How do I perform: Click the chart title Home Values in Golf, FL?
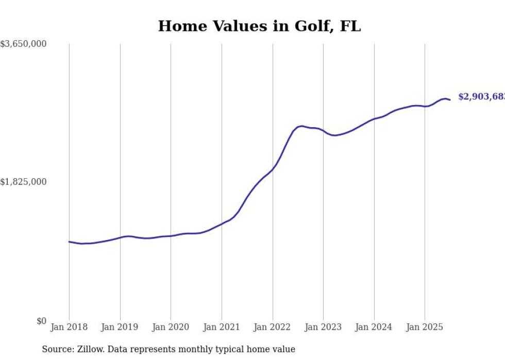(x=259, y=26)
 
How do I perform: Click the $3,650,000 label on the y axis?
(x=24, y=44)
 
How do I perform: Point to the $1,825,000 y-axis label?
(x=24, y=182)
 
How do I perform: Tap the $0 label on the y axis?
(x=41, y=321)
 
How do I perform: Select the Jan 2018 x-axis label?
(x=69, y=327)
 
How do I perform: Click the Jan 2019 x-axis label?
(x=120, y=327)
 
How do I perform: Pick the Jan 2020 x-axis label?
(x=171, y=327)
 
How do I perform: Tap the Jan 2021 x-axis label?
(x=222, y=327)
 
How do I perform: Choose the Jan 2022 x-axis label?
(x=273, y=327)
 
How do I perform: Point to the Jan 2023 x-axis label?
(x=323, y=327)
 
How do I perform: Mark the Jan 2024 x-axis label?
(x=374, y=327)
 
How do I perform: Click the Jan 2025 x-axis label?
(x=425, y=327)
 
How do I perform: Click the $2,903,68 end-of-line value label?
(x=481, y=97)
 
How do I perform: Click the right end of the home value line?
(x=450, y=100)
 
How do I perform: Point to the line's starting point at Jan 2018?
(x=69, y=242)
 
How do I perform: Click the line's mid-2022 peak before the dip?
(x=302, y=126)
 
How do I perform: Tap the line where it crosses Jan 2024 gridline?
(x=374, y=119)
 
